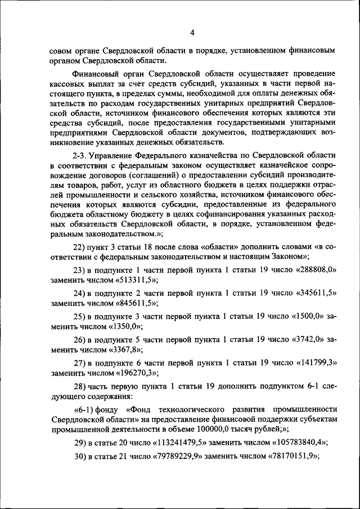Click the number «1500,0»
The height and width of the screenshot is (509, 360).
(307, 317)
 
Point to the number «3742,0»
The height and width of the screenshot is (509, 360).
(307, 341)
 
